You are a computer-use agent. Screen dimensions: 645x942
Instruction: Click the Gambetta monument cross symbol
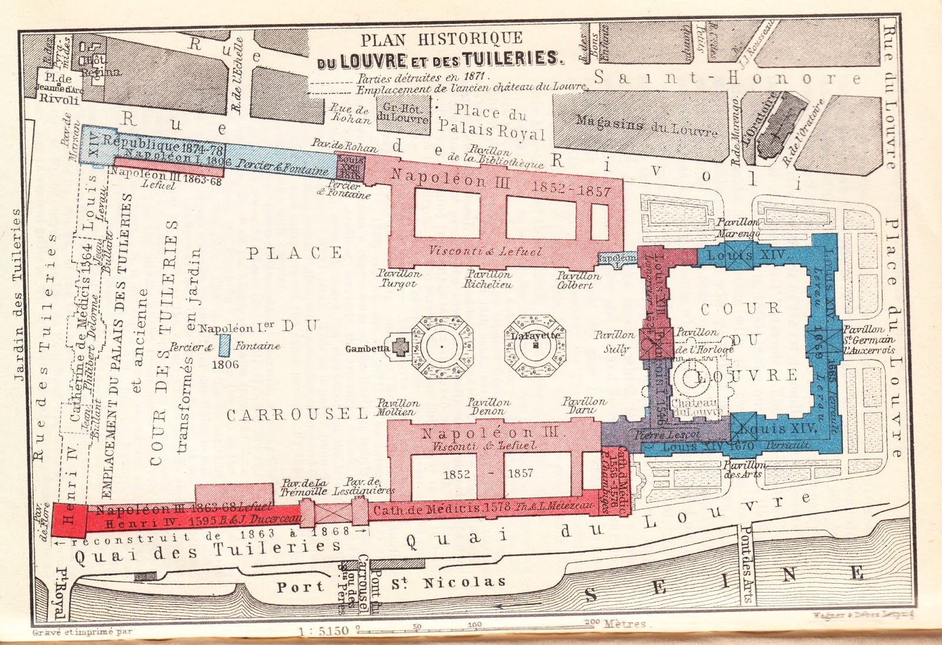[401, 347]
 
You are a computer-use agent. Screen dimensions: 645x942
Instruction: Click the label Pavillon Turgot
[399, 279]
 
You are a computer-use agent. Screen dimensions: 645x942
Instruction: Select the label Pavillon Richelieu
[488, 279]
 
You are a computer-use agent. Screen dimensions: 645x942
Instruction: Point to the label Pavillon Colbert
[578, 280]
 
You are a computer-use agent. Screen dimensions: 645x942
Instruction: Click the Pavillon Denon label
[488, 406]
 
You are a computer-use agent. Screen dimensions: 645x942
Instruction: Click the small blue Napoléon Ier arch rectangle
[224, 346]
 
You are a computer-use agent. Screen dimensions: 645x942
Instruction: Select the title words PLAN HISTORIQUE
[442, 39]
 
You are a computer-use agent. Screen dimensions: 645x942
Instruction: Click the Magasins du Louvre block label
[646, 125]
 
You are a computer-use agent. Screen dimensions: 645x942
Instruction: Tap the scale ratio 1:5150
[323, 631]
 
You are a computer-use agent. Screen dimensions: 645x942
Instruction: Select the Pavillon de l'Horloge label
[704, 340]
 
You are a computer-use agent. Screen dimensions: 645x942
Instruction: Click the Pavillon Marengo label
[738, 227]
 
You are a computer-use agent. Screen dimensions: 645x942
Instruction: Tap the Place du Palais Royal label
[491, 122]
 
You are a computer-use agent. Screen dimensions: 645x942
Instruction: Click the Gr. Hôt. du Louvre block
[403, 112]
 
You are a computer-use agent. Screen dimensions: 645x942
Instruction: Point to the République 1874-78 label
[162, 145]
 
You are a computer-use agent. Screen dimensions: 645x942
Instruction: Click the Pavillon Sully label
[615, 342]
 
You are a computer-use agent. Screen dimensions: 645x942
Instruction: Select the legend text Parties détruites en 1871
[423, 77]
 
